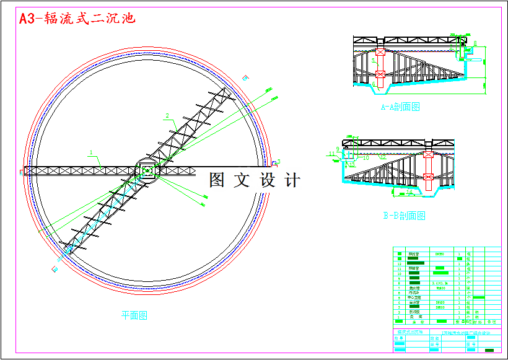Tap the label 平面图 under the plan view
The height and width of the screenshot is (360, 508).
point(134,315)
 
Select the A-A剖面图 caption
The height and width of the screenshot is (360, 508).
point(400,107)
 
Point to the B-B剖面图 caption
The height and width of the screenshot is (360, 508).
point(404,216)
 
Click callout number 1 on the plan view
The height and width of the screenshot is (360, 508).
point(91,152)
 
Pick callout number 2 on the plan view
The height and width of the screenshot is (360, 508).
point(167,115)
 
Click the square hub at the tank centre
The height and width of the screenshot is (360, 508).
point(147,170)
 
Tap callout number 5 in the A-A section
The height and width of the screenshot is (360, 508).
point(374,60)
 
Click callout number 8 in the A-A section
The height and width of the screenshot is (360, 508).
point(475,43)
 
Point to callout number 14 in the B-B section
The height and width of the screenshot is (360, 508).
point(409,193)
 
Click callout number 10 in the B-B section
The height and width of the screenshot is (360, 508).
point(366,158)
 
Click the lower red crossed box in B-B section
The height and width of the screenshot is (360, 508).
point(427,177)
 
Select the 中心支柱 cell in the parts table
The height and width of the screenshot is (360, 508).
point(414,297)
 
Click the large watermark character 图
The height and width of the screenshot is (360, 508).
point(217,180)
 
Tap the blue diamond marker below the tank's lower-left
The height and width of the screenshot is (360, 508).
point(55,270)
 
